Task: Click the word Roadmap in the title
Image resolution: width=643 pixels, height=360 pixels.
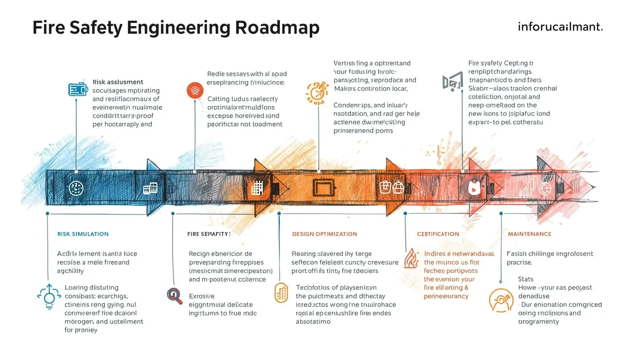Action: (x=277, y=28)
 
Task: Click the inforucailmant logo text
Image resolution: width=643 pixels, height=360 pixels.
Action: (x=560, y=27)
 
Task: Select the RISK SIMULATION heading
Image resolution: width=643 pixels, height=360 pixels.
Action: (x=83, y=234)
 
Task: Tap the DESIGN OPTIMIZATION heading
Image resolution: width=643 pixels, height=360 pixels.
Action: (x=324, y=234)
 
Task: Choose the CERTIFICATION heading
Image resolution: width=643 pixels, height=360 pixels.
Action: (x=438, y=234)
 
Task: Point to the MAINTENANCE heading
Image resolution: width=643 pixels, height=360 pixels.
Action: (x=529, y=234)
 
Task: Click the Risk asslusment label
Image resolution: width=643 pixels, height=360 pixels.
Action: (x=118, y=82)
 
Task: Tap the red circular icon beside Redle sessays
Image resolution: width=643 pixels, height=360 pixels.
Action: (x=195, y=90)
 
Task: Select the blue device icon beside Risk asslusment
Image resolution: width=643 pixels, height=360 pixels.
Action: (x=78, y=89)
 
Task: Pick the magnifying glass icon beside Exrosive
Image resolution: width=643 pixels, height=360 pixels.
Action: (x=174, y=296)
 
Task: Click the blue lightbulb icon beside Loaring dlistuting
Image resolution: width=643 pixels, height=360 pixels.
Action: (x=49, y=297)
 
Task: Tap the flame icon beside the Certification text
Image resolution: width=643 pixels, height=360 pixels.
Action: (x=411, y=258)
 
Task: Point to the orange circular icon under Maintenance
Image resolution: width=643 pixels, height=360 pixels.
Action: (x=501, y=300)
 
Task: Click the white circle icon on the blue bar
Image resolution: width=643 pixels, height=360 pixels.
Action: (x=76, y=188)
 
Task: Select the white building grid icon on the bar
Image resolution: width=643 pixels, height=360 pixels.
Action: (x=257, y=188)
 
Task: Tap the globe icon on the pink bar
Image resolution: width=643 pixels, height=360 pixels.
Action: (x=545, y=188)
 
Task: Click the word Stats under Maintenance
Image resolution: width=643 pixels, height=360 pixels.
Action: (x=525, y=279)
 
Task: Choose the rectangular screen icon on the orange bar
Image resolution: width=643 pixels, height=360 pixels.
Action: (x=324, y=188)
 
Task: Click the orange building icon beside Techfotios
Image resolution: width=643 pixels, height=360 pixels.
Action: (x=281, y=292)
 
